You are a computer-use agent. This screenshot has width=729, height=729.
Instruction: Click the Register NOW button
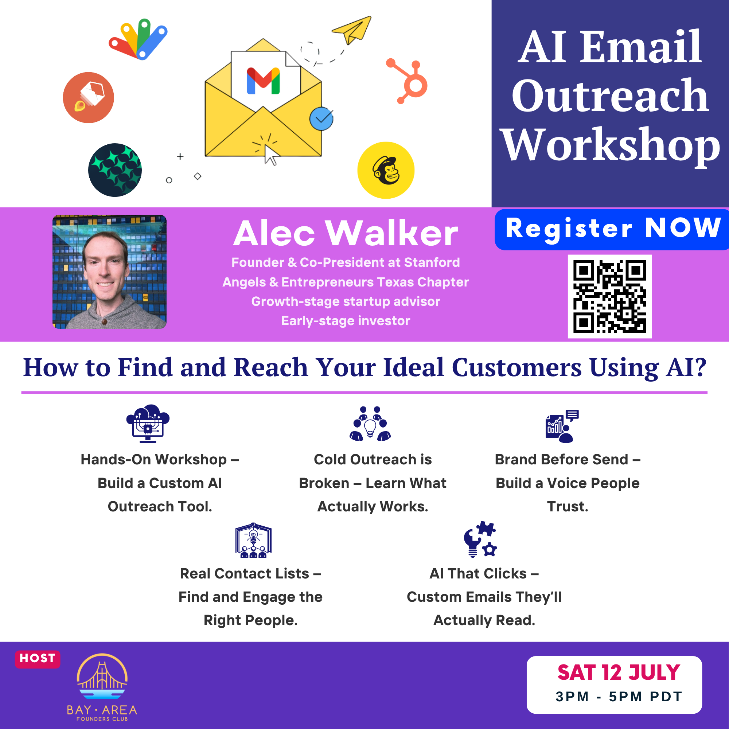[612, 229]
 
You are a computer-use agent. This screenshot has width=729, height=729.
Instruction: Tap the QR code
[609, 296]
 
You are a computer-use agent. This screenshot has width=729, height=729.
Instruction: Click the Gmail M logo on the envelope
[263, 81]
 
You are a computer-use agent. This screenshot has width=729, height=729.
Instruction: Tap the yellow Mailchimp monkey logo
[386, 170]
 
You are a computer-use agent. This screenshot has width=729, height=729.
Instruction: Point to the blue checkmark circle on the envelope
[321, 119]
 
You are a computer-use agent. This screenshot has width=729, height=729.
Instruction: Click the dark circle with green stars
[115, 170]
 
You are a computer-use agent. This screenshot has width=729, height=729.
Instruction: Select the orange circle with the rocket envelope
[88, 97]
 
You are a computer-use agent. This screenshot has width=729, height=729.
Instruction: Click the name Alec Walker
[345, 233]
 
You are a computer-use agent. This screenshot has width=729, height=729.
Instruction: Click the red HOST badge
[37, 658]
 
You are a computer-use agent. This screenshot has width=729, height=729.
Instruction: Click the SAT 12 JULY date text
[619, 673]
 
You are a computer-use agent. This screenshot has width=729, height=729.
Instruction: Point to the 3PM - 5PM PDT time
[619, 697]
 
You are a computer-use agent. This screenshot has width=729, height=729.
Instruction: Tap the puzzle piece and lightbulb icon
[480, 539]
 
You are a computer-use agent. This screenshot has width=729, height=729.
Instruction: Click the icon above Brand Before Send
[562, 426]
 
